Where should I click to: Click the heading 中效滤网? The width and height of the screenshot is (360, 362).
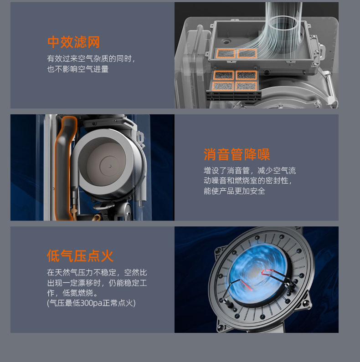pos(73,42)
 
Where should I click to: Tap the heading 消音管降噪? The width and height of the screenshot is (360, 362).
pos(237,154)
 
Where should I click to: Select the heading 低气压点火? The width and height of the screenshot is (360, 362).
pos(80,256)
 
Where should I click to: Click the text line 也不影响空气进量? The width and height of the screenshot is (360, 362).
pos(78,69)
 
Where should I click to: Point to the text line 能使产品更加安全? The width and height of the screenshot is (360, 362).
pos(234,191)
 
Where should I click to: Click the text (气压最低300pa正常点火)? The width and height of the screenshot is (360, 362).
pos(91,303)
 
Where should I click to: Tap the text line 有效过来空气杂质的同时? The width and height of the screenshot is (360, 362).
pos(91,59)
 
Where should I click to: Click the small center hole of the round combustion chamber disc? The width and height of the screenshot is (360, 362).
pos(110,166)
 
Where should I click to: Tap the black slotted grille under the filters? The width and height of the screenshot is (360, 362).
pos(234,95)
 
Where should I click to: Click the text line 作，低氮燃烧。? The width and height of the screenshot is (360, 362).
pos(72,293)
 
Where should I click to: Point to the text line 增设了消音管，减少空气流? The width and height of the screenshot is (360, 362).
pos(250,171)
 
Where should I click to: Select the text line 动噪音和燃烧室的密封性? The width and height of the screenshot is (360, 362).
pos(247,181)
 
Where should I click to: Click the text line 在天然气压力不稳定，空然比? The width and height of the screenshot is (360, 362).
pos(97,272)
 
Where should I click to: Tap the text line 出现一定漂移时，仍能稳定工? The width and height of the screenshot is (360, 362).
pos(97,283)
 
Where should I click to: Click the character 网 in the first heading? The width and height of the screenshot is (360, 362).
pos(93,42)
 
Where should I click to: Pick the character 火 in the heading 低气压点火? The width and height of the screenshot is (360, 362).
pos(107,256)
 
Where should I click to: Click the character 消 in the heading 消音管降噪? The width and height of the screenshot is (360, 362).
pos(210,154)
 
